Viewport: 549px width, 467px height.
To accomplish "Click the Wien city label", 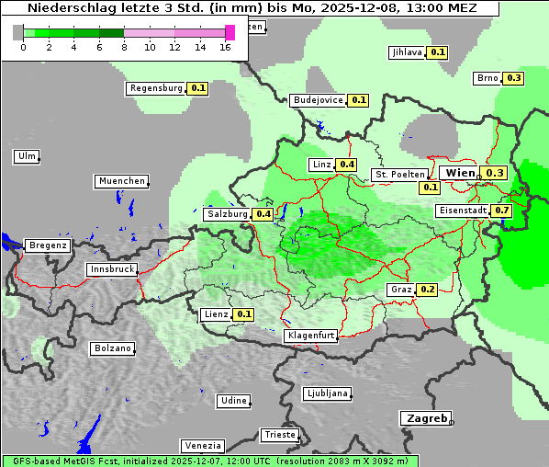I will click(x=459, y=173).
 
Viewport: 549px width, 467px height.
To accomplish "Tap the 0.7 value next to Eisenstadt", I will click(x=501, y=211).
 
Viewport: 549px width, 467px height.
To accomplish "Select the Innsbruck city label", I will click(x=111, y=270).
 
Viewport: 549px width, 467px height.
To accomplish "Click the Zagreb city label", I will click(x=425, y=418).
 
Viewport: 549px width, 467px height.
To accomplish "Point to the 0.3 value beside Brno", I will click(x=513, y=78).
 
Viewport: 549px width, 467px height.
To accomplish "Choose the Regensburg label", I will click(x=156, y=89).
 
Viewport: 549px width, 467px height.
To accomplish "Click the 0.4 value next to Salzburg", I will click(x=263, y=214).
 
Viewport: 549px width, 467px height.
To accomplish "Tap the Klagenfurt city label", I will click(x=310, y=336).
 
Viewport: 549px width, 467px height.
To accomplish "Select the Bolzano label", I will click(x=112, y=348).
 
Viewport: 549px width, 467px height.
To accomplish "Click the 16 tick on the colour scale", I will click(x=226, y=47).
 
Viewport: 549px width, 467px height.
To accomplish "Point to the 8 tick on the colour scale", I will click(x=124, y=47).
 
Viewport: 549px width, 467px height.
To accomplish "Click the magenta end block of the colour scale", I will click(x=230, y=32).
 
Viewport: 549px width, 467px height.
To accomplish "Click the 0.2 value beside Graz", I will click(x=427, y=290).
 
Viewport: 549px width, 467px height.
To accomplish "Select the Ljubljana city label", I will click(x=327, y=393).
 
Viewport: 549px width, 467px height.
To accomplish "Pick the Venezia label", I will click(x=201, y=446).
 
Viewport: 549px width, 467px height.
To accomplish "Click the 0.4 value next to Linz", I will click(x=346, y=165).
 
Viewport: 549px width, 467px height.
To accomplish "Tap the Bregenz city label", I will click(x=48, y=245).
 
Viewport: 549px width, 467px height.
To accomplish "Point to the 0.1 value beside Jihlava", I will click(x=438, y=52).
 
